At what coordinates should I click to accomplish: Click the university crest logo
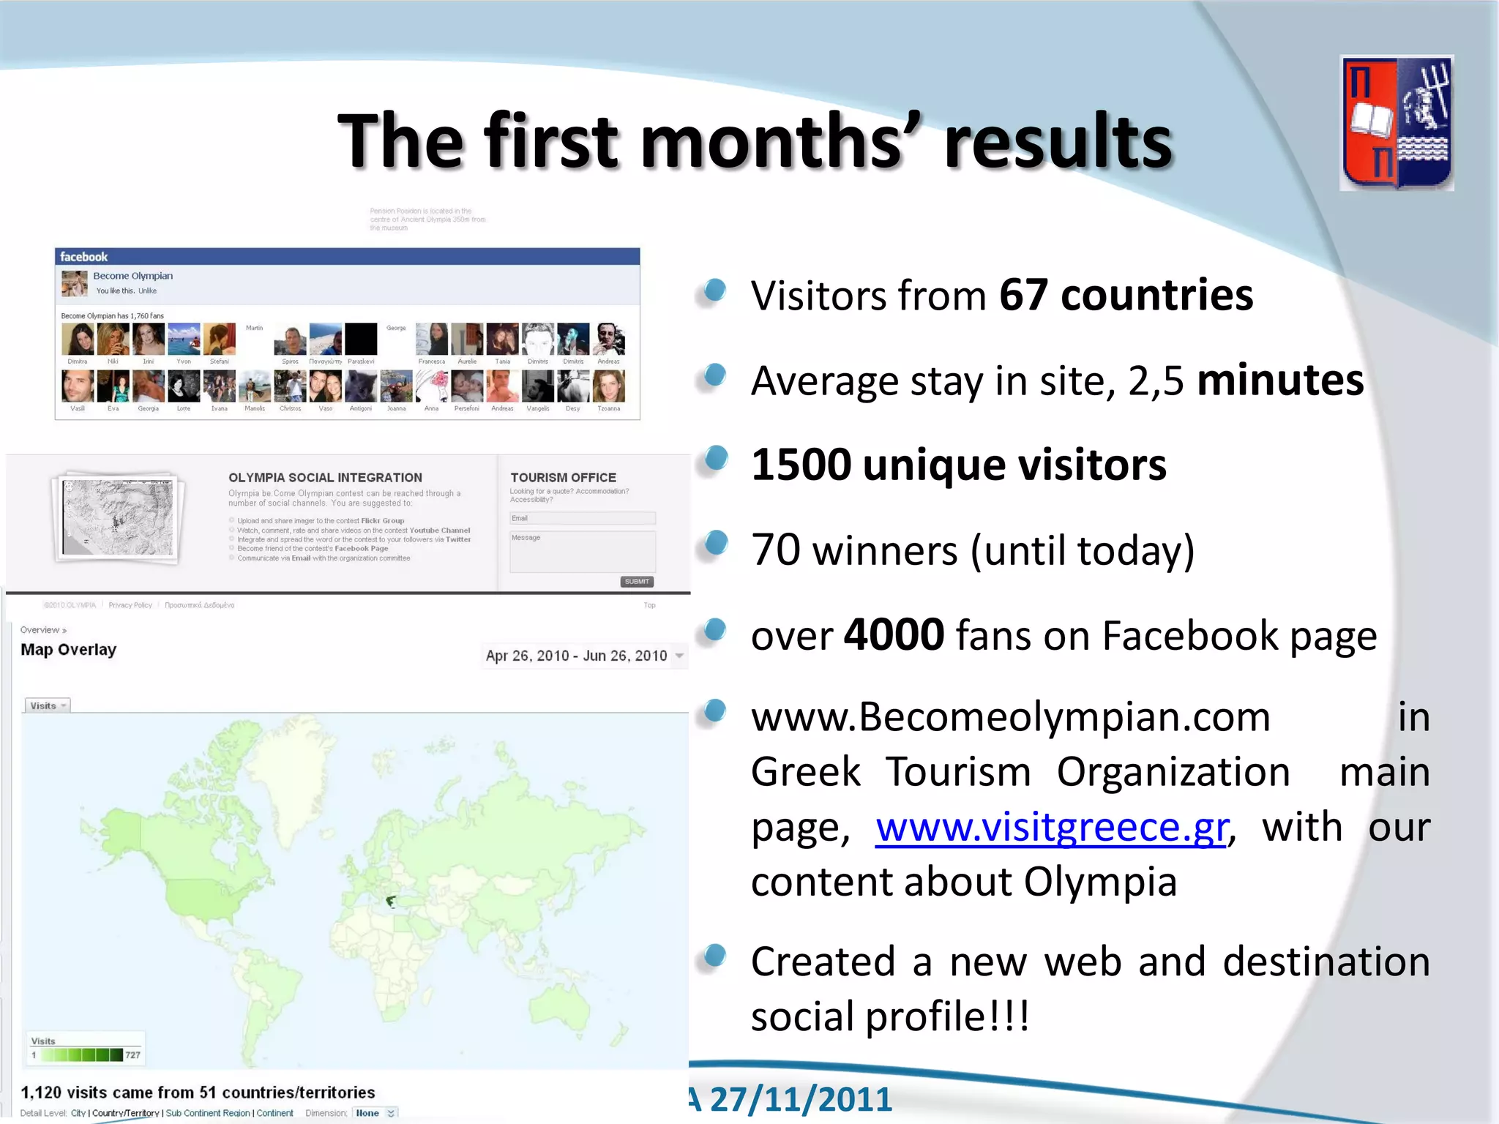(1397, 123)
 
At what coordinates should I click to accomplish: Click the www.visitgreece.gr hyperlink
(1051, 828)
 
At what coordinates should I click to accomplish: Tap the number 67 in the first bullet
(1023, 295)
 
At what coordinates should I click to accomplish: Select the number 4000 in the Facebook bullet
(894, 634)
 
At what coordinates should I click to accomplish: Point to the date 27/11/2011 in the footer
(801, 1099)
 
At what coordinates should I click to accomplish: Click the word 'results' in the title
(1058, 140)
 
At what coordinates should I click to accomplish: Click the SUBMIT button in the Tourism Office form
(637, 582)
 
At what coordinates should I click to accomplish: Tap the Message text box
(583, 551)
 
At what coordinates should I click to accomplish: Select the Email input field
(583, 518)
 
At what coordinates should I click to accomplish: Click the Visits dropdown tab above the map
(48, 705)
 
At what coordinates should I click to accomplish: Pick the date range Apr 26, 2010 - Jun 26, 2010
(577, 656)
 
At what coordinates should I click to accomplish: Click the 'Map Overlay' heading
(69, 650)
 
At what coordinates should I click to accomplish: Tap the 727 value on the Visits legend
(132, 1055)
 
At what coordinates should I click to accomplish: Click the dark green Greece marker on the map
(391, 901)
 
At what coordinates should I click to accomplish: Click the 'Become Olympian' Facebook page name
(133, 276)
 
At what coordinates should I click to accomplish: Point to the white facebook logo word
(83, 257)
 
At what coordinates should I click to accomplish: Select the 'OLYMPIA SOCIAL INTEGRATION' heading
(325, 477)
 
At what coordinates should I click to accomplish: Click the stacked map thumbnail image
(118, 517)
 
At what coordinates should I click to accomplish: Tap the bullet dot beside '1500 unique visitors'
(715, 459)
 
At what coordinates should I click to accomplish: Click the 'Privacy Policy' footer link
(130, 605)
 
